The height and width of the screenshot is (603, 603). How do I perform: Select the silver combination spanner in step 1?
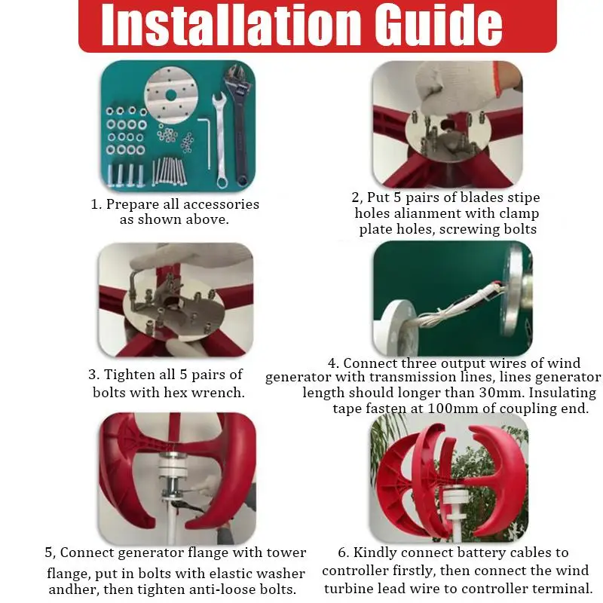pyautogui.click(x=220, y=140)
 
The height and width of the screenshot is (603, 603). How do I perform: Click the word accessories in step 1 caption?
pyautogui.click(x=221, y=204)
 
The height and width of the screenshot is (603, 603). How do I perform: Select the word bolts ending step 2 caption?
pyautogui.click(x=520, y=229)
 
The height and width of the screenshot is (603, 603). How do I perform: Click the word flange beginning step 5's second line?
pyautogui.click(x=68, y=574)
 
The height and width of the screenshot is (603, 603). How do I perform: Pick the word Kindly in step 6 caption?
pyautogui.click(x=370, y=553)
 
